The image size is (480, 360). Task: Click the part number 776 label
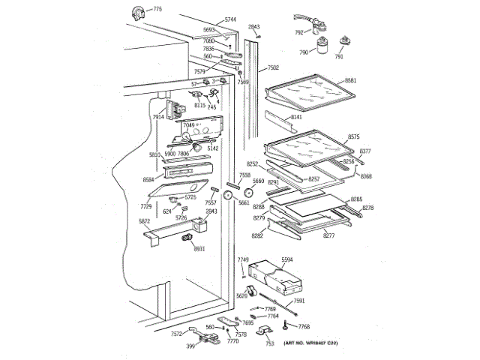[x=157, y=9]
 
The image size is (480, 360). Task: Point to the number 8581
[x=350, y=79]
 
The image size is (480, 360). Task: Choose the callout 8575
[x=354, y=137]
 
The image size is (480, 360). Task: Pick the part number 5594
[x=287, y=259]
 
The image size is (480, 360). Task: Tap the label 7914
[x=158, y=117]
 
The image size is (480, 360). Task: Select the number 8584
[x=148, y=180]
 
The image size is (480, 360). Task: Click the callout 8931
[x=199, y=249]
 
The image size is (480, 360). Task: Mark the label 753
[x=269, y=343]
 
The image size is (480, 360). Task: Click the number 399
[x=190, y=346]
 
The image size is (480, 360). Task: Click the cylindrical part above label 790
[x=325, y=44]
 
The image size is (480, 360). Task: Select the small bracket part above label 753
[x=265, y=330]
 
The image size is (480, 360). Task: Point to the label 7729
[x=146, y=205]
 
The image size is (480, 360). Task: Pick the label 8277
[x=328, y=236]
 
